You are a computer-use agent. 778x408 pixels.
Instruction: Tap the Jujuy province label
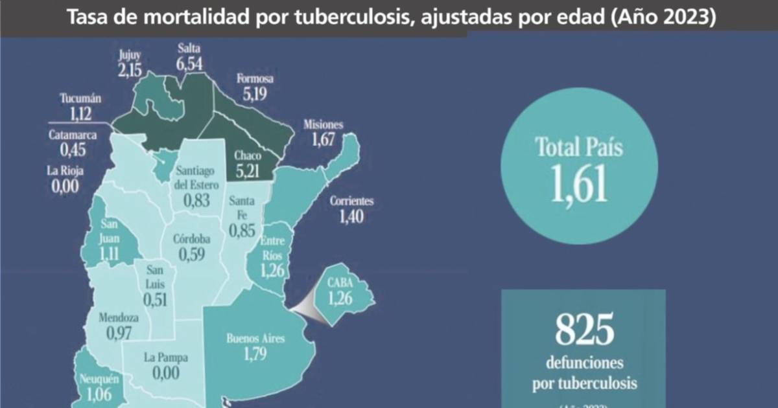click(129, 54)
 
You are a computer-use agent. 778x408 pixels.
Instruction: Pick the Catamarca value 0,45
click(73, 151)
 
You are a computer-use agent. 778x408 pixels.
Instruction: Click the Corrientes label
click(351, 200)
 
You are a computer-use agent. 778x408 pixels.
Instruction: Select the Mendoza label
click(119, 317)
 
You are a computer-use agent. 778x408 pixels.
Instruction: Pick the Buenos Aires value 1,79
click(255, 354)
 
